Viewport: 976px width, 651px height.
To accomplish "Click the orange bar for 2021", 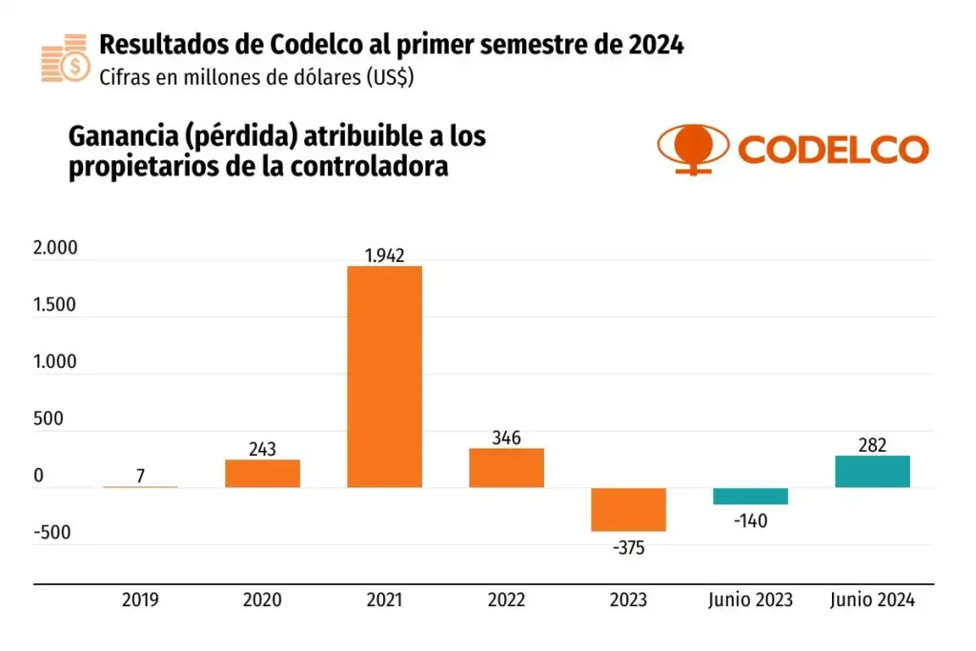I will pyautogui.click(x=384, y=376).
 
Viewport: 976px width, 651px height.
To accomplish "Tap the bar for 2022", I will pyautogui.click(x=506, y=468).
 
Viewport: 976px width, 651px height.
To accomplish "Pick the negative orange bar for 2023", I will pyautogui.click(x=628, y=509).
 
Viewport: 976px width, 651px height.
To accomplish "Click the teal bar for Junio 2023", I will pyautogui.click(x=750, y=496).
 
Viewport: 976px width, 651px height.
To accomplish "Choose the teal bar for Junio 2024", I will pyautogui.click(x=872, y=472).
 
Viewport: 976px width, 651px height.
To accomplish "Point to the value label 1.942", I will pyautogui.click(x=384, y=254).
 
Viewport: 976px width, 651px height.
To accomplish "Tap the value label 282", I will pyautogui.click(x=872, y=444).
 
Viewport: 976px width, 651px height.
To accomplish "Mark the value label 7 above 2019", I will pyautogui.click(x=140, y=476).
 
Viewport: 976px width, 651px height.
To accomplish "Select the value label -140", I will pyautogui.click(x=750, y=520).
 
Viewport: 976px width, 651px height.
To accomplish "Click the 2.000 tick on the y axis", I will pyautogui.click(x=54, y=249).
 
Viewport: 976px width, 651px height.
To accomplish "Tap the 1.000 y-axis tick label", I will pyautogui.click(x=54, y=362).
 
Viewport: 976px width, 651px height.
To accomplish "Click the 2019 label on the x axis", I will pyautogui.click(x=140, y=600).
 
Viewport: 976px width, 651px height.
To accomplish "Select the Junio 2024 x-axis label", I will pyautogui.click(x=872, y=600).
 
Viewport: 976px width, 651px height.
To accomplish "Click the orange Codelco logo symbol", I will pyautogui.click(x=691, y=149).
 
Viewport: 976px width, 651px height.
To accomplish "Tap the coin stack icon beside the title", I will pyautogui.click(x=64, y=58).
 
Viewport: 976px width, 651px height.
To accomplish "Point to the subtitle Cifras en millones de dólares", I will pyautogui.click(x=255, y=77).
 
